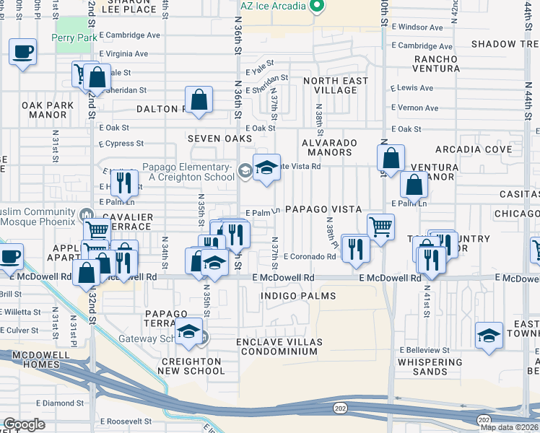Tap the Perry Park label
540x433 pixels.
coord(73,38)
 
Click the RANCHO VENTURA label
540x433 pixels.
coord(435,64)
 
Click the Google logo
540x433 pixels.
coord(24,424)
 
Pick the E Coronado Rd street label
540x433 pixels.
coord(310,256)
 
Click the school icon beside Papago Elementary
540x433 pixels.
coord(266,168)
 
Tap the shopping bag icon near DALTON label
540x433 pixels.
coord(199,100)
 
